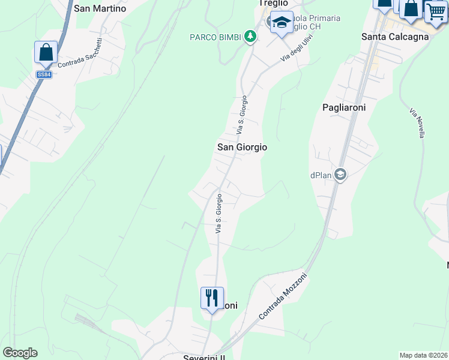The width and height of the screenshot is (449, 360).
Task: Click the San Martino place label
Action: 100,8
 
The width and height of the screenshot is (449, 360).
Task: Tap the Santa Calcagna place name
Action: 394,37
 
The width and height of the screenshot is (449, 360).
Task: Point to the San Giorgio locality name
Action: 241,147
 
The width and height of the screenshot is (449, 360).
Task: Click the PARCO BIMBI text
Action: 216,37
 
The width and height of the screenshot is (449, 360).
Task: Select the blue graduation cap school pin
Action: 282,23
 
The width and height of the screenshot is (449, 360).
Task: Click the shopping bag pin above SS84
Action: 46,53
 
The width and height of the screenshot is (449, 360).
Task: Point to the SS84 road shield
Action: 43,74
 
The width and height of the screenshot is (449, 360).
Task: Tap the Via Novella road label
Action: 417,123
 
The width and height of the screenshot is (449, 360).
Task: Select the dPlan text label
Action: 321,175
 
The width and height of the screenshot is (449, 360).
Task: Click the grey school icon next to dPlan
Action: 340,175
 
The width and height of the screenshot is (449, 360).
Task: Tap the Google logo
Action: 20,353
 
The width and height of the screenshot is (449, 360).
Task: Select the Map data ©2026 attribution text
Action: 423,355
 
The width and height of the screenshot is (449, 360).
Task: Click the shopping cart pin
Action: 436,11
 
